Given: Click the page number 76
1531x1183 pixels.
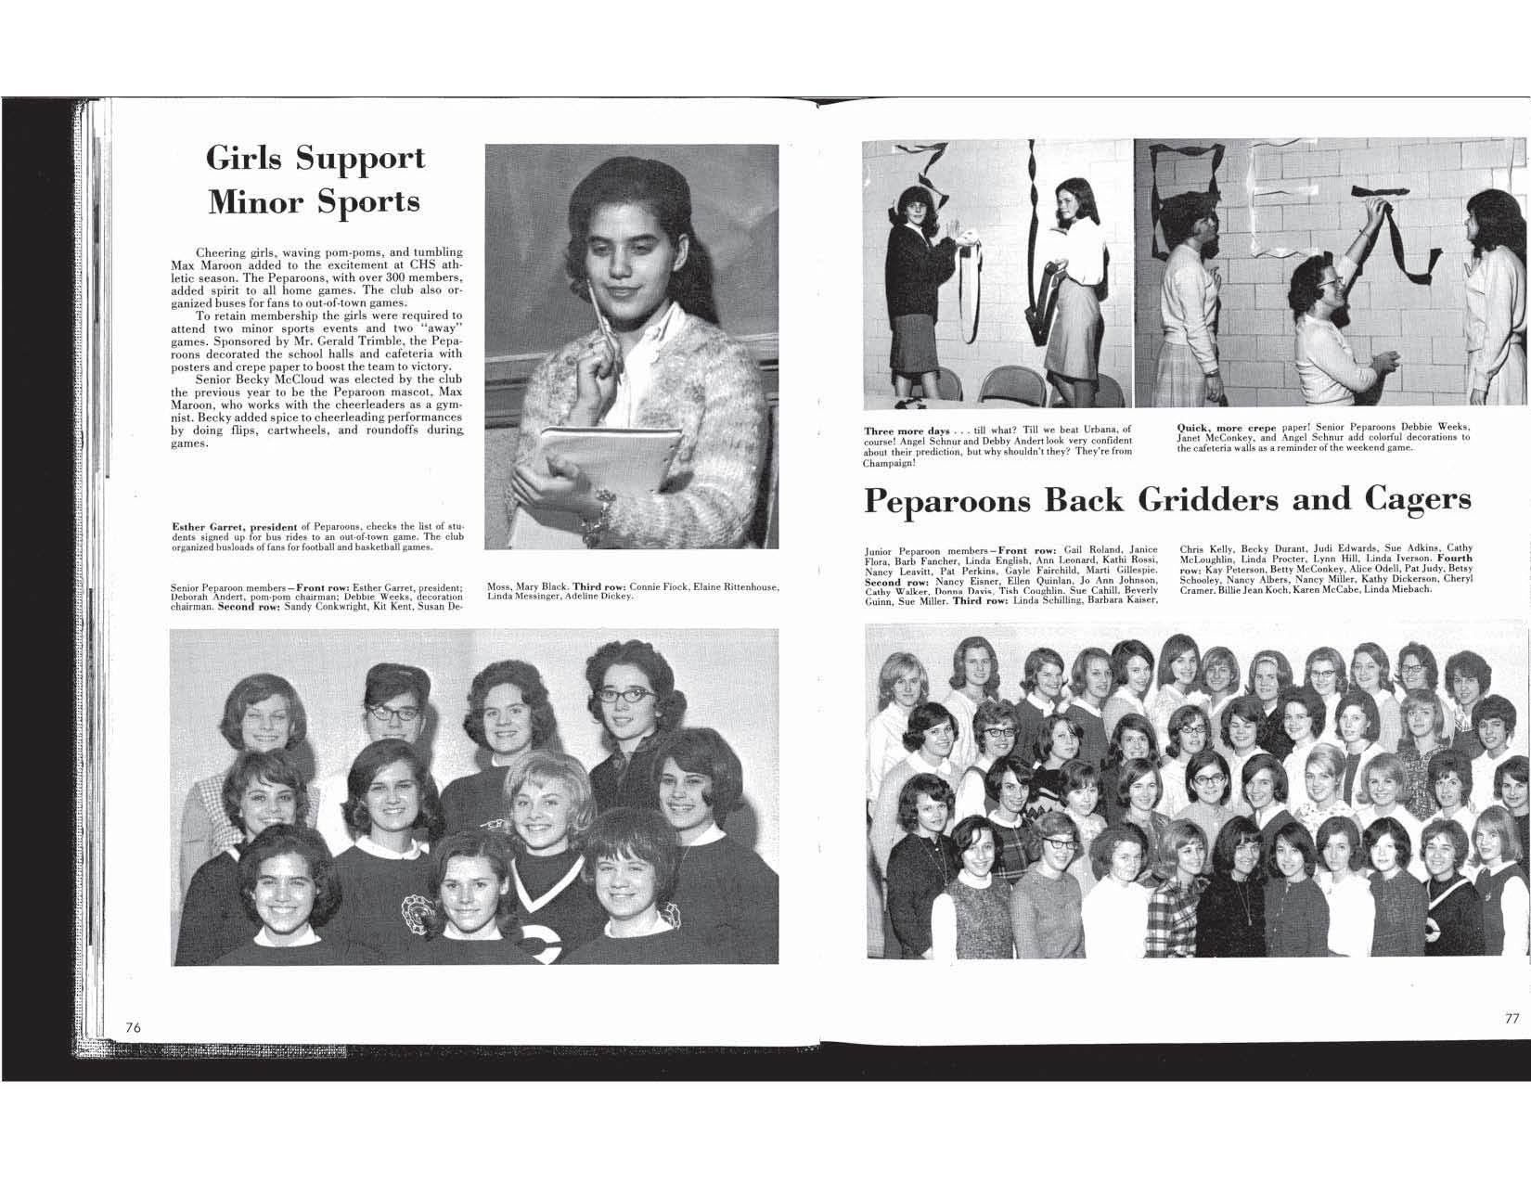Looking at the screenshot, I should tap(133, 1026).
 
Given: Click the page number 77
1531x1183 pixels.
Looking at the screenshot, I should tap(1512, 1017).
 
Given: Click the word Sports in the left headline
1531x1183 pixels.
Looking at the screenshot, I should tap(369, 201).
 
